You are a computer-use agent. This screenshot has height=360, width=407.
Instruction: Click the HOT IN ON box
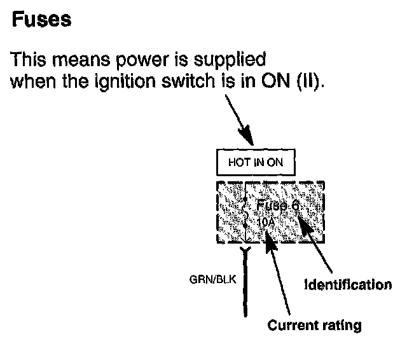pos(255,162)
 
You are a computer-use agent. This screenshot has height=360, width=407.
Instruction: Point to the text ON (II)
pos(293,81)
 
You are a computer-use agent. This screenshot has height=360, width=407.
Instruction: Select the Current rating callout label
pos(314,326)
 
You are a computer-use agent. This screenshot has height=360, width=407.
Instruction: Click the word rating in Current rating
pos(340,326)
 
